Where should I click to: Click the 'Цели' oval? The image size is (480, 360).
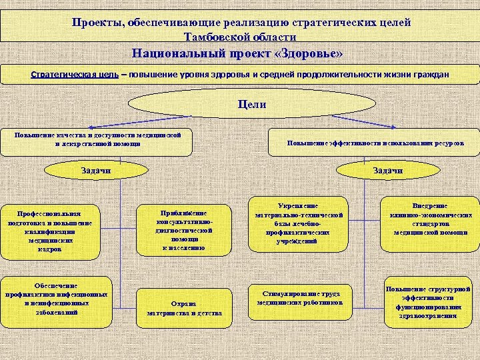pyautogui.click(x=251, y=105)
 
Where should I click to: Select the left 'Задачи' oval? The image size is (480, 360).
pyautogui.click(x=95, y=171)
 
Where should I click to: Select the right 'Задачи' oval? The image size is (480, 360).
pyautogui.click(x=387, y=171)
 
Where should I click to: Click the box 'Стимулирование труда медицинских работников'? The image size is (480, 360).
pyautogui.click(x=300, y=297)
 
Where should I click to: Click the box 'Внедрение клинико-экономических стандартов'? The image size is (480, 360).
pyautogui.click(x=429, y=219)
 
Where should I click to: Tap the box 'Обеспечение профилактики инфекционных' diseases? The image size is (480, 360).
pyautogui.click(x=55, y=299)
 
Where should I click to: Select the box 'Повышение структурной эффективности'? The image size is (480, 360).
pyautogui.click(x=429, y=302)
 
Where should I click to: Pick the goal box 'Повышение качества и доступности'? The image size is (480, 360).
pyautogui.click(x=98, y=139)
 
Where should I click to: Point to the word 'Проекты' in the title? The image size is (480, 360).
pyautogui.click(x=96, y=22)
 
